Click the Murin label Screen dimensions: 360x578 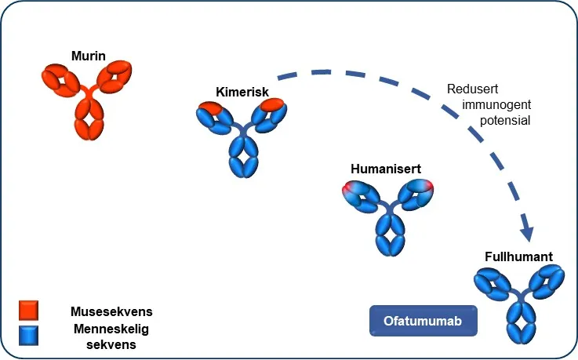pos(88,56)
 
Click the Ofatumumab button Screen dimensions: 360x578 pos(423,322)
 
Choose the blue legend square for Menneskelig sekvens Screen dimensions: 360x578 pos(29,335)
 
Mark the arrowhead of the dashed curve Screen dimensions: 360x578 pos(528,233)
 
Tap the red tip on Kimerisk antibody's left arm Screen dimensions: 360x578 pos(209,108)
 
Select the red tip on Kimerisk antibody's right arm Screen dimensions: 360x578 pos(272,105)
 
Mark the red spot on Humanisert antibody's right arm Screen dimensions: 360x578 pos(427,186)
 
